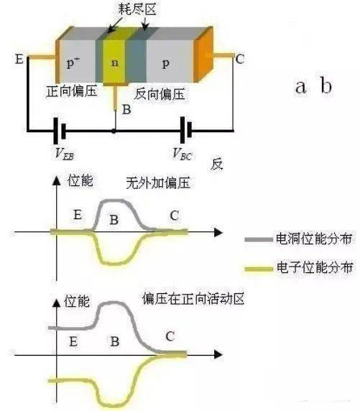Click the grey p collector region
(x=167, y=63)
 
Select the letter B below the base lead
(x=126, y=110)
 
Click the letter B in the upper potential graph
(x=113, y=221)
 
